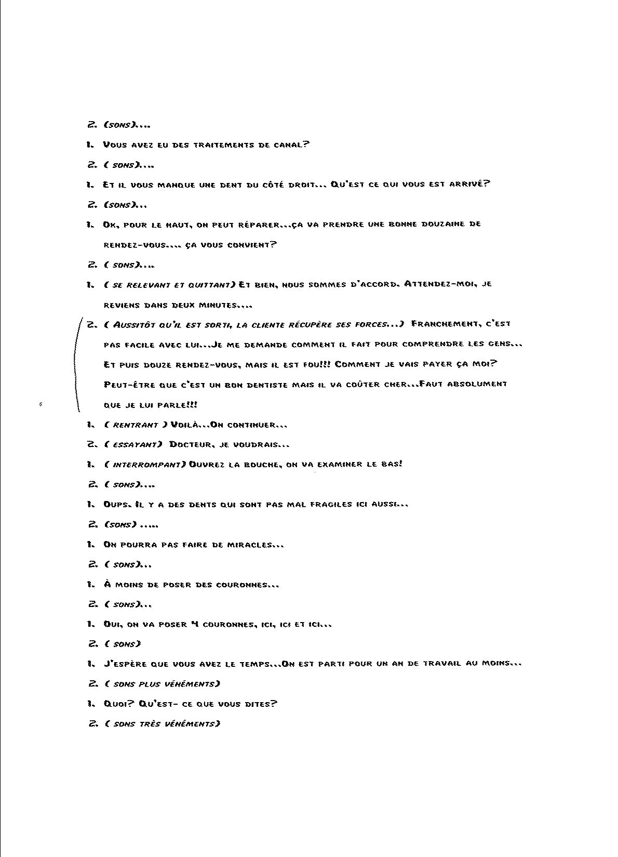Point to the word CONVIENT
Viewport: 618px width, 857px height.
(251, 244)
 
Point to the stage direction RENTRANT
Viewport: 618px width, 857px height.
(136, 425)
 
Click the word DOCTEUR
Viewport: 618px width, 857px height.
(190, 444)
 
